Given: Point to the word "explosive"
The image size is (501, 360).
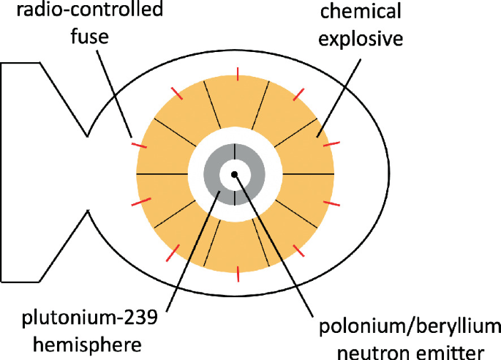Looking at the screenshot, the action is (x=361, y=37).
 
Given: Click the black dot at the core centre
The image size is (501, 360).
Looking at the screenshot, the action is (x=234, y=174).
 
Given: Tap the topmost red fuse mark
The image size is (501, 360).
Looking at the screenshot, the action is (x=235, y=73).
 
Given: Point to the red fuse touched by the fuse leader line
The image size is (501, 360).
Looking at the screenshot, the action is (x=138, y=145).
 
